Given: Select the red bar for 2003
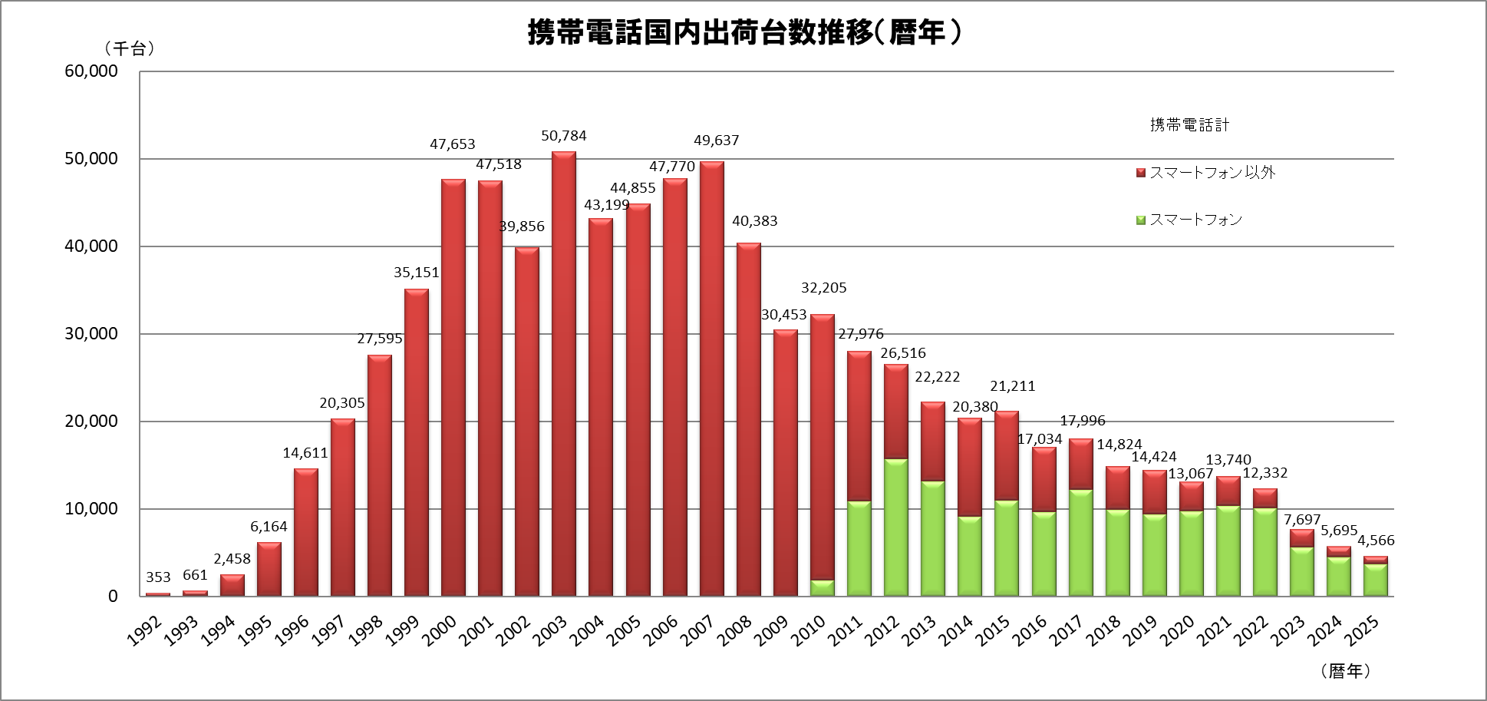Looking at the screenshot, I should [x=564, y=376].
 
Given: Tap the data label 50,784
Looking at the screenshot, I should [x=564, y=136].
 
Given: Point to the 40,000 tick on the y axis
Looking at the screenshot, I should [x=91, y=246].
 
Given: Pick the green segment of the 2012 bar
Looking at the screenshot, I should [x=896, y=528].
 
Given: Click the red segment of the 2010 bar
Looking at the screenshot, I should [x=823, y=445].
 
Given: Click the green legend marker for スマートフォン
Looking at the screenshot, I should [x=1141, y=220].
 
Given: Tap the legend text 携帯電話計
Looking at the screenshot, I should [x=1189, y=125].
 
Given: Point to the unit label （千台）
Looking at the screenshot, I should [x=130, y=49].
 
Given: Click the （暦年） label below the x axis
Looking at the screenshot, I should [x=1346, y=671].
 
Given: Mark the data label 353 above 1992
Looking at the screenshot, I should [x=158, y=577].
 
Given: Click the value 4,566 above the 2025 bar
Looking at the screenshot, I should [x=1377, y=541].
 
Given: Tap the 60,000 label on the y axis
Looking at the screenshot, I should [x=91, y=71].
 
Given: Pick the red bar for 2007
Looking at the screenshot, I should [x=712, y=380].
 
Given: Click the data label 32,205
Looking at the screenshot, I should [x=824, y=288].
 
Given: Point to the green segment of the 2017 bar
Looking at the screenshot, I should [x=1081, y=543].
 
